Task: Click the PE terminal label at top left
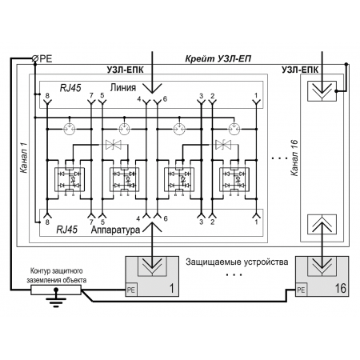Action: [x=46, y=58]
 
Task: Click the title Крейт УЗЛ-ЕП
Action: [x=218, y=58]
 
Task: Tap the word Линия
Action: [x=123, y=88]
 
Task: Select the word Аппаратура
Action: [x=115, y=230]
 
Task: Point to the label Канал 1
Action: [x=24, y=158]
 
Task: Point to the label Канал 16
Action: [x=294, y=158]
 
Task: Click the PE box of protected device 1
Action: [x=131, y=290]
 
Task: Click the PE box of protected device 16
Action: [x=301, y=290]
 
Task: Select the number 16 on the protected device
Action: [x=340, y=289]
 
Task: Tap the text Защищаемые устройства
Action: [x=237, y=262]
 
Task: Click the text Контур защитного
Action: [x=57, y=271]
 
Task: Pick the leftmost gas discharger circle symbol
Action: [x=70, y=129]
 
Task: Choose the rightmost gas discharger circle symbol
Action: [x=234, y=129]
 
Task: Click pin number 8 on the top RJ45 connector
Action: [x=47, y=95]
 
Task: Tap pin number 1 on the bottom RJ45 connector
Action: [x=256, y=222]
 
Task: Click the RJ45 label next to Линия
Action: [x=70, y=88]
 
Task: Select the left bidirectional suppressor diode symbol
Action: [x=114, y=145]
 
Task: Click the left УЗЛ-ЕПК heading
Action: [x=125, y=70]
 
